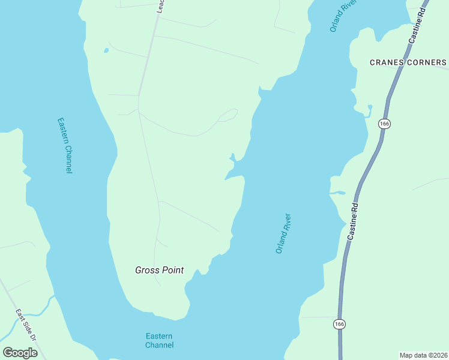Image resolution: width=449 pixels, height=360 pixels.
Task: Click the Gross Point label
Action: click(x=159, y=270)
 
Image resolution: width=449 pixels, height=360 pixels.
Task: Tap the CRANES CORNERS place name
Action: click(x=408, y=62)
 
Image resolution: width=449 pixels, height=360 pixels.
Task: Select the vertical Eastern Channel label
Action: click(x=65, y=145)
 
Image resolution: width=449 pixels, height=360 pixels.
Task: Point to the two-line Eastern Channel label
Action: click(x=159, y=340)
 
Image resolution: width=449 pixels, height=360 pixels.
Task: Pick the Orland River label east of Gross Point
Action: click(x=283, y=233)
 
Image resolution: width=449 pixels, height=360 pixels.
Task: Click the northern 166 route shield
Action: click(x=385, y=124)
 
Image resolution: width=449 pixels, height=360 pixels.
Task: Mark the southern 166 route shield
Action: click(x=339, y=324)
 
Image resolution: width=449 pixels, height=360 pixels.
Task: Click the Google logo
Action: click(x=20, y=353)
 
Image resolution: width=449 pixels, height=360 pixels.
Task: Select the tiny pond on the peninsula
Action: click(x=106, y=50)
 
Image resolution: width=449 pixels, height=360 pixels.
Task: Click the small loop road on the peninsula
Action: click(x=228, y=115)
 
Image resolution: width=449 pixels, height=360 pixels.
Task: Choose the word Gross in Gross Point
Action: click(x=146, y=270)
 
